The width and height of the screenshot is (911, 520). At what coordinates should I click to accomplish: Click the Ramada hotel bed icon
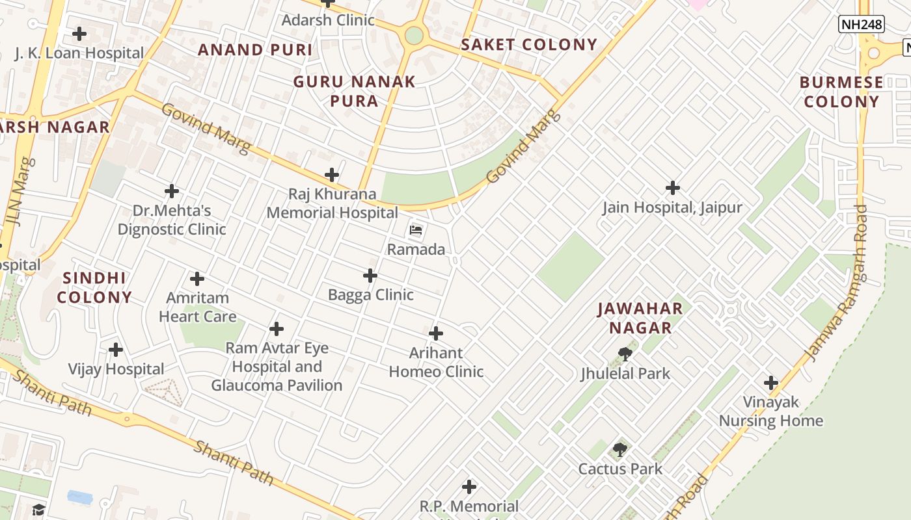click(x=416, y=230)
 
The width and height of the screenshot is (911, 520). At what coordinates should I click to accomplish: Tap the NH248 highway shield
click(x=861, y=25)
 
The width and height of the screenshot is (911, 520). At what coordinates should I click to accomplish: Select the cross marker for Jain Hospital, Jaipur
click(x=672, y=188)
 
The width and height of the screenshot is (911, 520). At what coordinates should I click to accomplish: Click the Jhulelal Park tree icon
click(x=625, y=354)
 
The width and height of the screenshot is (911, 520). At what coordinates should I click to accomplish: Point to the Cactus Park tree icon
click(x=620, y=449)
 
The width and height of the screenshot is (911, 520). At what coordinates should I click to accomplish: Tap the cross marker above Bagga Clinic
click(x=370, y=276)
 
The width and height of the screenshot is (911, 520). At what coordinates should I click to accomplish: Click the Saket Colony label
click(x=528, y=45)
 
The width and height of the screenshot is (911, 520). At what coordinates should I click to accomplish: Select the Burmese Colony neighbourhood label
click(x=841, y=92)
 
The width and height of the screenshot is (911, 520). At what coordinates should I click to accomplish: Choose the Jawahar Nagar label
click(x=640, y=318)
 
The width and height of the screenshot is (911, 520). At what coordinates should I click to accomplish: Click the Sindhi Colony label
click(x=94, y=287)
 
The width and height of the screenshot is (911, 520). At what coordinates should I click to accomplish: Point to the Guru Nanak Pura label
click(x=354, y=91)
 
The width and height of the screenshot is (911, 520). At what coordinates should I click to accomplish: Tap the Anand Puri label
click(x=255, y=50)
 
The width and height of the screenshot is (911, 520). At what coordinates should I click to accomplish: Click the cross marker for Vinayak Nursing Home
click(x=770, y=383)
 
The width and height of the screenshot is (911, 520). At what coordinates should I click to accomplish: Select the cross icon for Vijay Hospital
click(x=116, y=350)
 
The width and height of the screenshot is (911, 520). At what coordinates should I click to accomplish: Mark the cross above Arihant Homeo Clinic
click(x=436, y=333)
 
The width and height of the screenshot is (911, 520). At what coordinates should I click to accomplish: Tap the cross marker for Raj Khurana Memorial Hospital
click(x=332, y=175)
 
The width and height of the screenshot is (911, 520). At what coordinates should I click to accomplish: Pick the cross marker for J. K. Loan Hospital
click(x=79, y=33)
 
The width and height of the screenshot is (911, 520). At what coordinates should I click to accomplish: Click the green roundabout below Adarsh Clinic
click(x=414, y=35)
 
